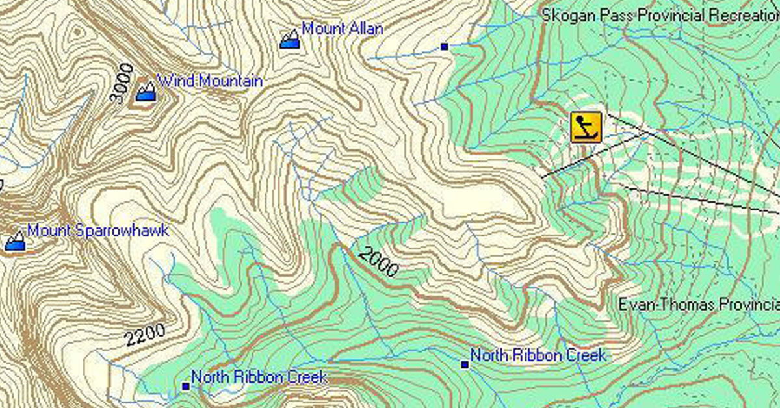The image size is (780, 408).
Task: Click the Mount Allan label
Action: click(x=343, y=29)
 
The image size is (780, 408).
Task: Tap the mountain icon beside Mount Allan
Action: click(x=290, y=39)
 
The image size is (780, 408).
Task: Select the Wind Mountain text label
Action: click(x=210, y=81)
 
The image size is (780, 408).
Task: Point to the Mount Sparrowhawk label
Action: click(x=97, y=231)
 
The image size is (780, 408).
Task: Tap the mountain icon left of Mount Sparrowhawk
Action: click(x=15, y=241)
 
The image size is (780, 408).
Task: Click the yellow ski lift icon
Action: click(x=586, y=127)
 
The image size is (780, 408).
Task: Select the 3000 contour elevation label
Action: click(x=122, y=84)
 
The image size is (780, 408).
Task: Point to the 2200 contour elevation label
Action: click(x=144, y=335)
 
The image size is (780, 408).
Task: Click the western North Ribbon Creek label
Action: click(x=259, y=377)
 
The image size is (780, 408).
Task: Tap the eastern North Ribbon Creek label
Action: click(x=538, y=355)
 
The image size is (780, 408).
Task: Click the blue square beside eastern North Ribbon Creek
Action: click(x=465, y=364)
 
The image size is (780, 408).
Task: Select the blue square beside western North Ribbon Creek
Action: click(x=185, y=387)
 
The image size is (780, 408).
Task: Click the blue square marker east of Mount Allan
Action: click(x=445, y=46)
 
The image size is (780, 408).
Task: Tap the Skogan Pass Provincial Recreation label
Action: click(x=660, y=15)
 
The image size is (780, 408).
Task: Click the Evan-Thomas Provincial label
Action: click(x=698, y=304)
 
